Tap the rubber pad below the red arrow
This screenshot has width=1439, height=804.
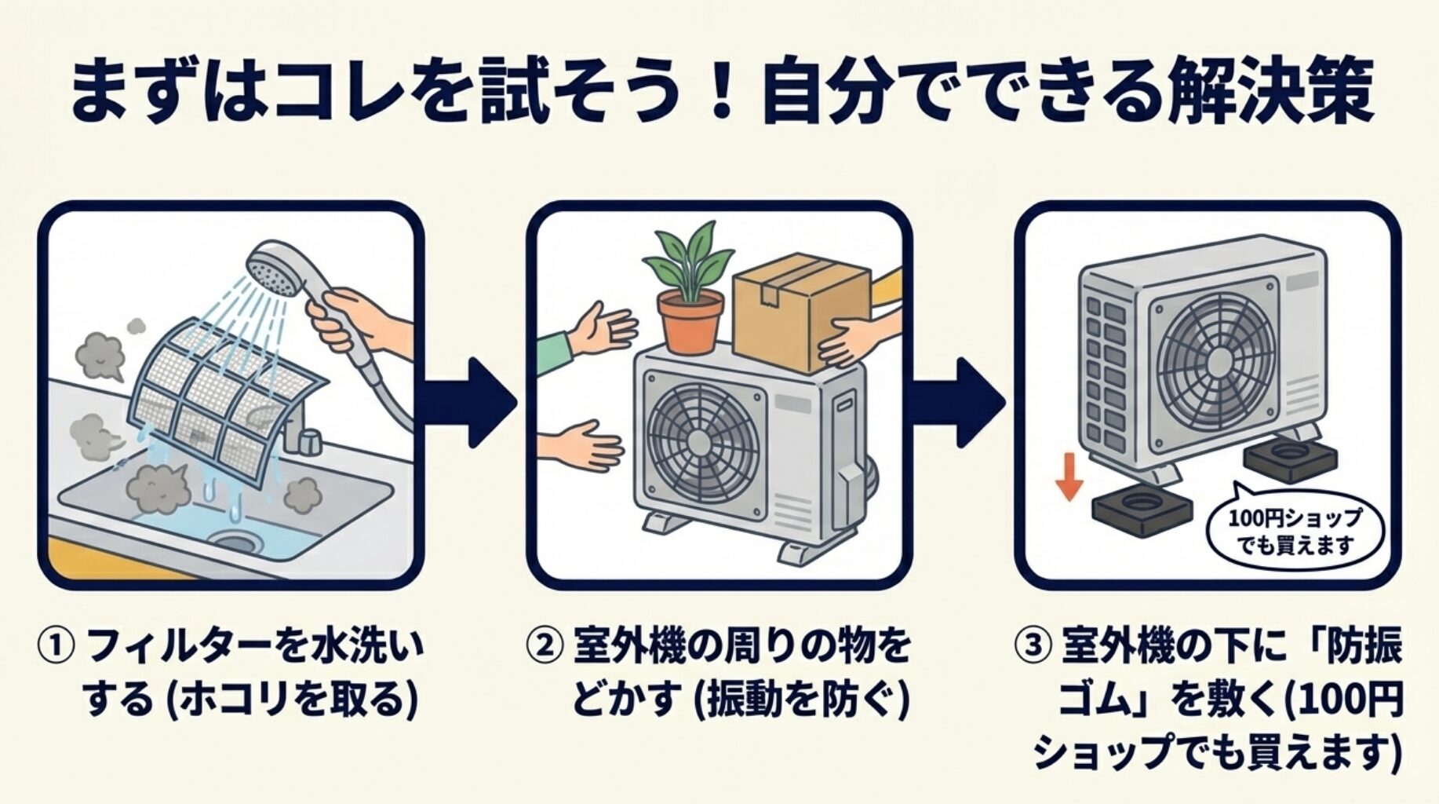tap(1142, 510)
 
